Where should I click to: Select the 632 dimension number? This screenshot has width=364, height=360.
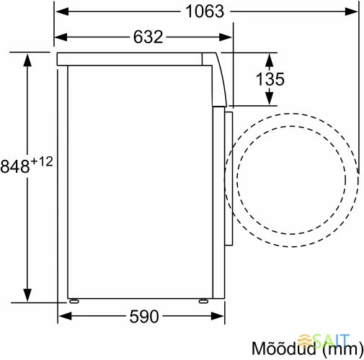pyautogui.click(x=146, y=37)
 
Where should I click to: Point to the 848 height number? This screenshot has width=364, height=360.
pyautogui.click(x=16, y=166)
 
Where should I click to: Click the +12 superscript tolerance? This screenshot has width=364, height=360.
pyautogui.click(x=42, y=161)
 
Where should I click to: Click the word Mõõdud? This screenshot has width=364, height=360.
pyautogui.click(x=283, y=348)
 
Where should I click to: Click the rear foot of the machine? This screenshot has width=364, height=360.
pyautogui.click(x=74, y=300)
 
